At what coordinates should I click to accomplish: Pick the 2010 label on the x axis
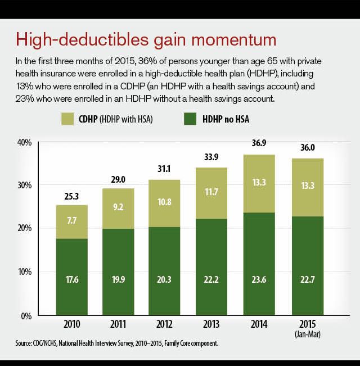[x=71, y=325]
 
